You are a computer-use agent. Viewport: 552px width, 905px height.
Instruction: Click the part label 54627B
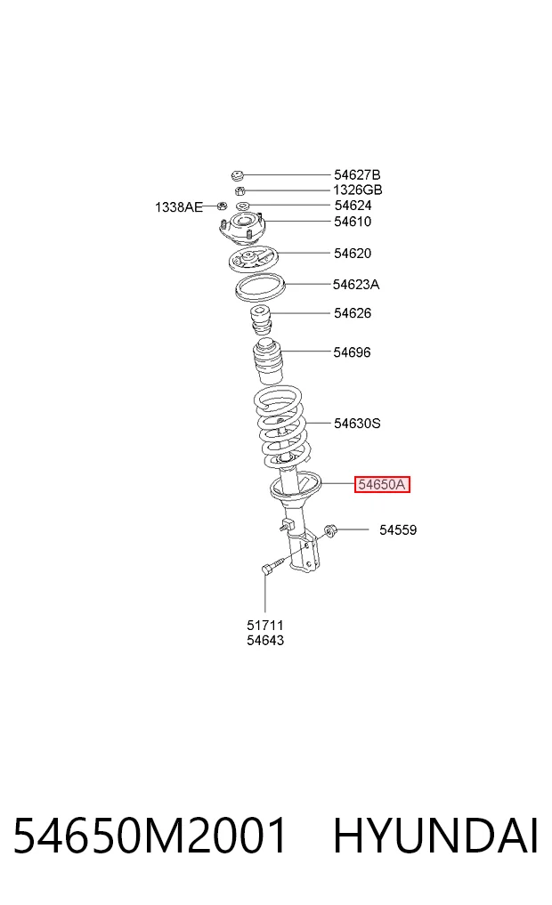(357, 174)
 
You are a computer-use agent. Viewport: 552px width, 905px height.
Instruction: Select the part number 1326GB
(357, 190)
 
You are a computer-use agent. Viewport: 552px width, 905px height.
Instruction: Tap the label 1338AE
(179, 207)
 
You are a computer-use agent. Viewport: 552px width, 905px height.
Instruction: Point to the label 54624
(353, 206)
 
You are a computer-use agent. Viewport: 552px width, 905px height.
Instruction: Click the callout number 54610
(353, 222)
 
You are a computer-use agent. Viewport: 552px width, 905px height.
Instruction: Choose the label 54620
(353, 254)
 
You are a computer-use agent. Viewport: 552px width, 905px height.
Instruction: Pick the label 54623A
(356, 285)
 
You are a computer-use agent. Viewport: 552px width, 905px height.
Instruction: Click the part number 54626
(353, 313)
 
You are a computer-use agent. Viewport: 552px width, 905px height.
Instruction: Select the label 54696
(353, 352)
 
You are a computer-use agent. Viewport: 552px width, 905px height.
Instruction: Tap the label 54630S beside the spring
(357, 424)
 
